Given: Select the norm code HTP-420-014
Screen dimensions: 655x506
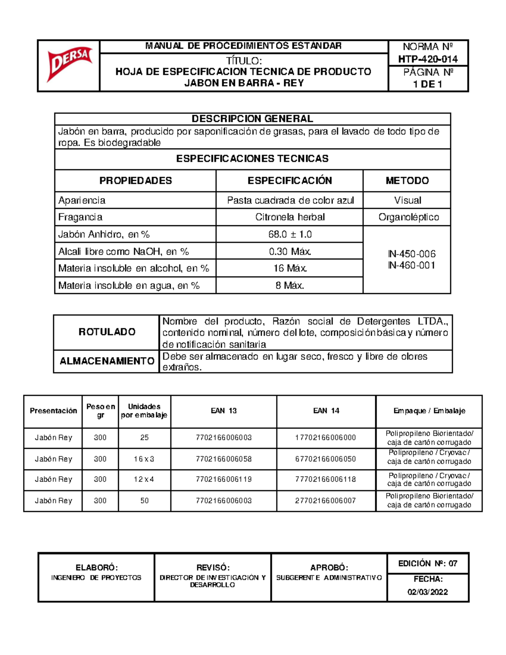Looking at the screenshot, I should coord(428,59).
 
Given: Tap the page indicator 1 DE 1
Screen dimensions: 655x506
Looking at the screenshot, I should coord(428,84).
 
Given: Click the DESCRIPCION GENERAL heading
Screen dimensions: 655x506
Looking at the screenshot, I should coord(252,119).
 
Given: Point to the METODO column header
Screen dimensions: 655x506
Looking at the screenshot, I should coord(407,181).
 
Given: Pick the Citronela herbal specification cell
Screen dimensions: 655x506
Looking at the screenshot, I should coord(290,217).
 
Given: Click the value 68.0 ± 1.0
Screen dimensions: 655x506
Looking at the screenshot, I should coord(290,234).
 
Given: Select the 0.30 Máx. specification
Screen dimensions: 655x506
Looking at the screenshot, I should coord(290,251).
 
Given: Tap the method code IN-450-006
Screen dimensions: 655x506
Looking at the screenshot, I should coord(412,254).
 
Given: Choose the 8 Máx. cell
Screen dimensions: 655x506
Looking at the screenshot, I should coord(290,286).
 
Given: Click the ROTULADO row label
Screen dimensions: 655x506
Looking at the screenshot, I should coord(107,332).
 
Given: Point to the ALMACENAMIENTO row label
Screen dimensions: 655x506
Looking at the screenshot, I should coord(107,361).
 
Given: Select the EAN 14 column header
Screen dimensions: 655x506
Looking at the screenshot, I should coord(326,411).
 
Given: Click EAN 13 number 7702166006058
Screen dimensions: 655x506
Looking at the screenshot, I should coord(223,459).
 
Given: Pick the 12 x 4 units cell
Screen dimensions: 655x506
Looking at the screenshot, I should coord(144,479).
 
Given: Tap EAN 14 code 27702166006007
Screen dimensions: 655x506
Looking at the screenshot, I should coord(326,501).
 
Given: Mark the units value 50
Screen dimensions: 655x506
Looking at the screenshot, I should coord(144,501).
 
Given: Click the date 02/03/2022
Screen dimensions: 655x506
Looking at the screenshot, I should coord(428,592).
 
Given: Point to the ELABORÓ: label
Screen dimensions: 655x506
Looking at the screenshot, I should coord(97,568).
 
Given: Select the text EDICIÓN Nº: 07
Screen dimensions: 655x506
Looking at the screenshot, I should coord(428,563).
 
